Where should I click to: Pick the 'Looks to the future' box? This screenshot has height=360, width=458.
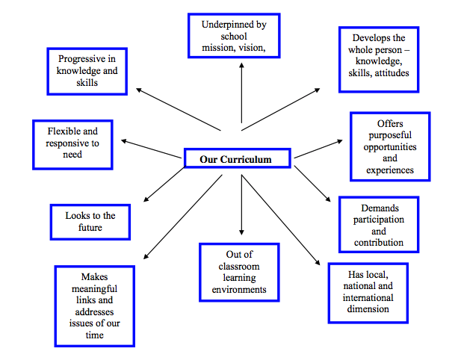pos(89,222)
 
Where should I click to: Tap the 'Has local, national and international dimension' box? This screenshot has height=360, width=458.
pos(368,293)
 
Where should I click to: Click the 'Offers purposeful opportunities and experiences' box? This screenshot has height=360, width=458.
pos(390,146)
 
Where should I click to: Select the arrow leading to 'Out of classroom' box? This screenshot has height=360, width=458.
pos(241,202)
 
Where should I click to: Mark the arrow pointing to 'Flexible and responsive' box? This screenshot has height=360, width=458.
pos(153,147)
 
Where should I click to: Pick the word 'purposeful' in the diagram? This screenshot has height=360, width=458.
pos(390,135)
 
